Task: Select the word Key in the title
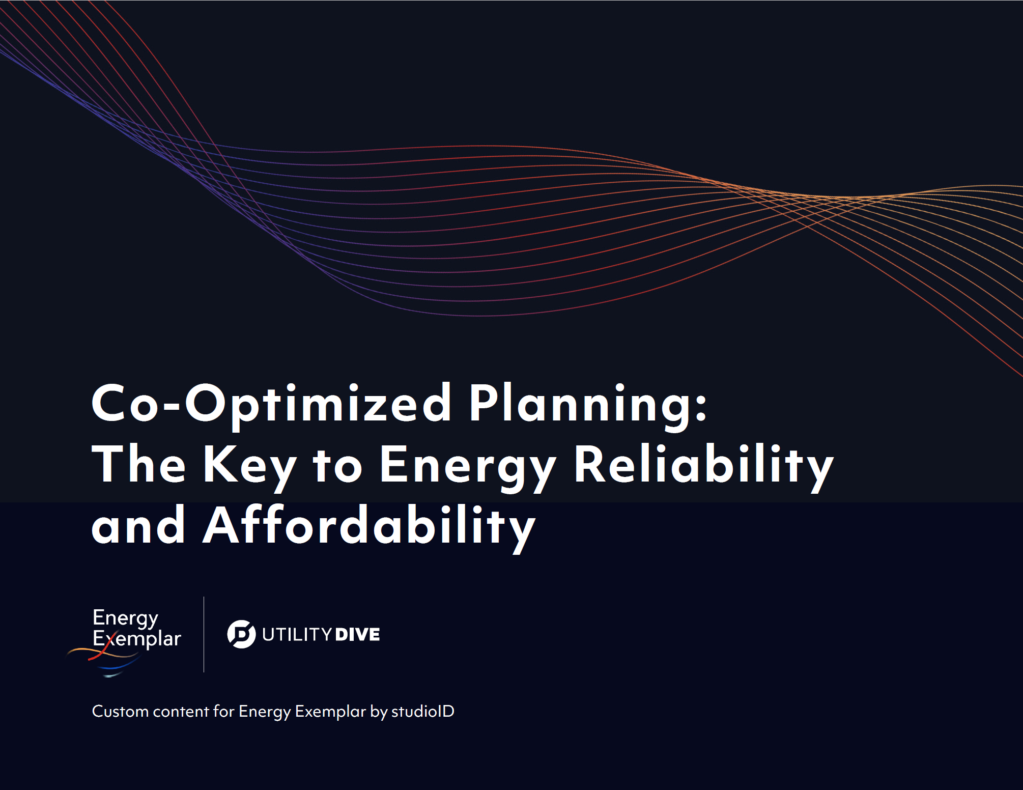click(249, 464)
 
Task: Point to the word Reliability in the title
click(704, 464)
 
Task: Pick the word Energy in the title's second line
click(468, 464)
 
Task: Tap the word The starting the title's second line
click(138, 464)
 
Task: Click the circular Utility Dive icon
click(241, 634)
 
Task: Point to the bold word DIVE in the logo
click(358, 635)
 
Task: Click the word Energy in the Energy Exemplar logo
click(125, 618)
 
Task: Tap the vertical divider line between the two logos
click(204, 634)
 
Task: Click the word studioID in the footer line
click(422, 711)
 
